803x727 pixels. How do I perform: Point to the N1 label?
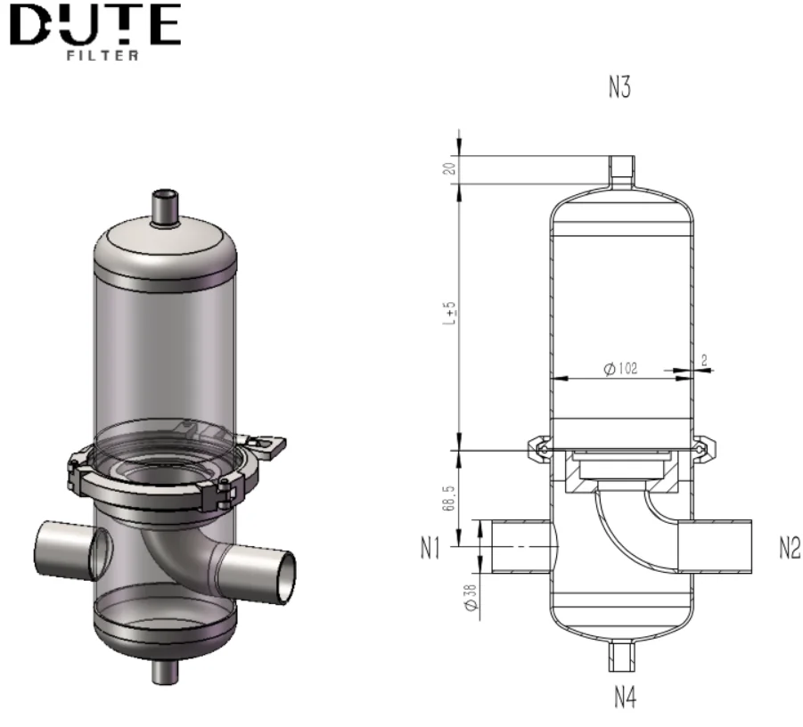pos(431,550)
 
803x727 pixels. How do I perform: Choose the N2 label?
pos(789,550)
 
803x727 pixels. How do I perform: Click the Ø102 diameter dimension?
pos(621,369)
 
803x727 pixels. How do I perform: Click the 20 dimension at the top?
pos(451,168)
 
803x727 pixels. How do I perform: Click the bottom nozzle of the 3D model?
pos(164,669)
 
